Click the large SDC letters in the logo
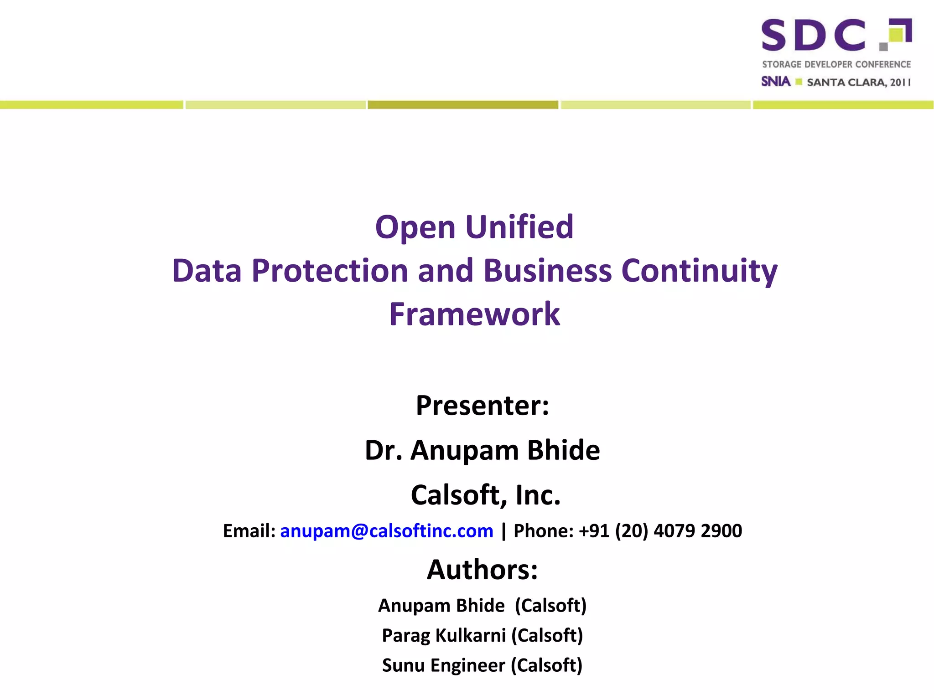point(813,35)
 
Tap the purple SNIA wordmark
point(775,82)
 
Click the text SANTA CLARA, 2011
point(858,82)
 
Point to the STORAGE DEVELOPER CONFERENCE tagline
point(836,64)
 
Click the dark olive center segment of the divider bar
point(463,105)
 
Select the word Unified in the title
point(519,227)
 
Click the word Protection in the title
point(329,271)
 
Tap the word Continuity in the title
point(699,271)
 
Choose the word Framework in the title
point(474,314)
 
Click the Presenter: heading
point(482,405)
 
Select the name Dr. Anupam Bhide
point(482,450)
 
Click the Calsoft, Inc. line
point(485,495)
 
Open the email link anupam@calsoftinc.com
point(386,531)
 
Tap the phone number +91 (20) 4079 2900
point(660,531)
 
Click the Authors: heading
point(482,570)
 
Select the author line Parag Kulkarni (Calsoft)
point(482,635)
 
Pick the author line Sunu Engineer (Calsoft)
point(482,665)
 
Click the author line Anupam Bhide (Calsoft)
point(482,606)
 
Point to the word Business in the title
point(547,271)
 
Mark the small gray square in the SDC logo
point(883,46)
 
